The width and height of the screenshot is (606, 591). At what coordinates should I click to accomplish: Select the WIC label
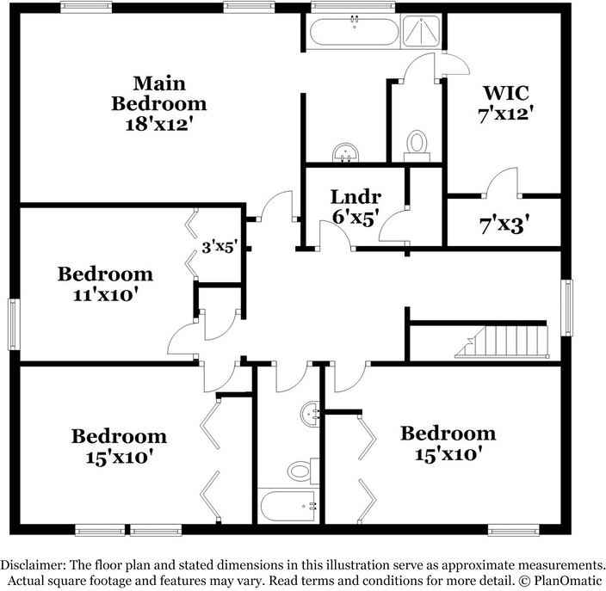[506, 92]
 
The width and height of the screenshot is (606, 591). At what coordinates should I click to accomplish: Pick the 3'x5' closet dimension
[219, 248]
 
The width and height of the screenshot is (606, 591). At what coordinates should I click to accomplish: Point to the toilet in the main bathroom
[417, 144]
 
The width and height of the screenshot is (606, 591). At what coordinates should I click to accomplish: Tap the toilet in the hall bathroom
[300, 470]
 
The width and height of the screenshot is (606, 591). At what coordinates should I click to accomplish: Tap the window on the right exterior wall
[566, 308]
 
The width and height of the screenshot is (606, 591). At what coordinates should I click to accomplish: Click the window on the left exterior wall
[13, 324]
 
